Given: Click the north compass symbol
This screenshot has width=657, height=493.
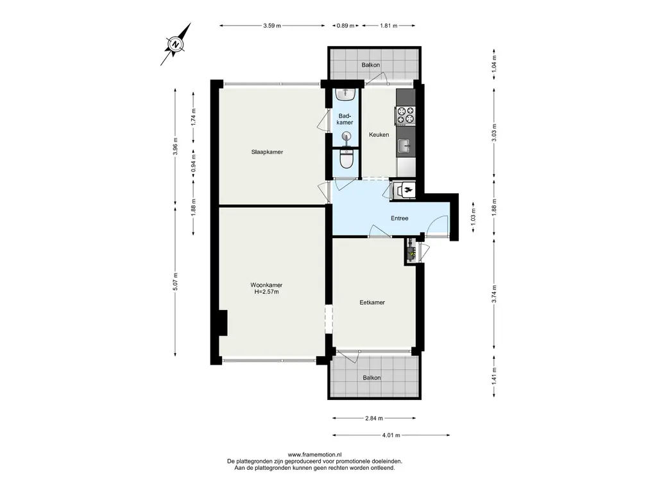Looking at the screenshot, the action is pyautogui.click(x=176, y=44).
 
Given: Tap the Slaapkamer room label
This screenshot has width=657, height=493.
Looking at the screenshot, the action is pyautogui.click(x=267, y=151).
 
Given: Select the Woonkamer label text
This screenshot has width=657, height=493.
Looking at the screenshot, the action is pyautogui.click(x=266, y=285).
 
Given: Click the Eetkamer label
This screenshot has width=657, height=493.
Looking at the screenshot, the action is pyautogui.click(x=372, y=302).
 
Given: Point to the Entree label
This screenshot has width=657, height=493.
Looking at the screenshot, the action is pyautogui.click(x=399, y=218).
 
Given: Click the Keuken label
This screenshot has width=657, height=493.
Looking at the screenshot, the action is pyautogui.click(x=379, y=135).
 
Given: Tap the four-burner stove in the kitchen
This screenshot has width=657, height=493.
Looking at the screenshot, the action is pyautogui.click(x=405, y=116).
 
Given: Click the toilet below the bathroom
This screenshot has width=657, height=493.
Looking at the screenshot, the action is pyautogui.click(x=346, y=159).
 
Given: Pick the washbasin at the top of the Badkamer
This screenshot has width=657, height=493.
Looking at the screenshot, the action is pyautogui.click(x=346, y=93).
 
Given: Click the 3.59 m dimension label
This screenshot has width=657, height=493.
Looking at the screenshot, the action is pyautogui.click(x=272, y=26).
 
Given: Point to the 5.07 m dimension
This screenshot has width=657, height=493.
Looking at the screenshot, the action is pyautogui.click(x=175, y=281).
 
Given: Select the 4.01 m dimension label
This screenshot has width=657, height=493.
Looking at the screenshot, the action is pyautogui.click(x=391, y=435).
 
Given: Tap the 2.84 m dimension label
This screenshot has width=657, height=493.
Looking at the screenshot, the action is pyautogui.click(x=374, y=418).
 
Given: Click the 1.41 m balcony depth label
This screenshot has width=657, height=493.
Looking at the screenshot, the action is pyautogui.click(x=495, y=376).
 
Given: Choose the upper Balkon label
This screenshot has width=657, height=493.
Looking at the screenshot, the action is pyautogui.click(x=371, y=65).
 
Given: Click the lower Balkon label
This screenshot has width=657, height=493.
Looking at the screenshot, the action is pyautogui.click(x=371, y=377).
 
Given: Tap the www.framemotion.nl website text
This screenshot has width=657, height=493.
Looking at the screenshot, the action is pyautogui.click(x=314, y=454).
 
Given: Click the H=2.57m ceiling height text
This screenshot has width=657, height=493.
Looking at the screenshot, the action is pyautogui.click(x=266, y=292).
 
